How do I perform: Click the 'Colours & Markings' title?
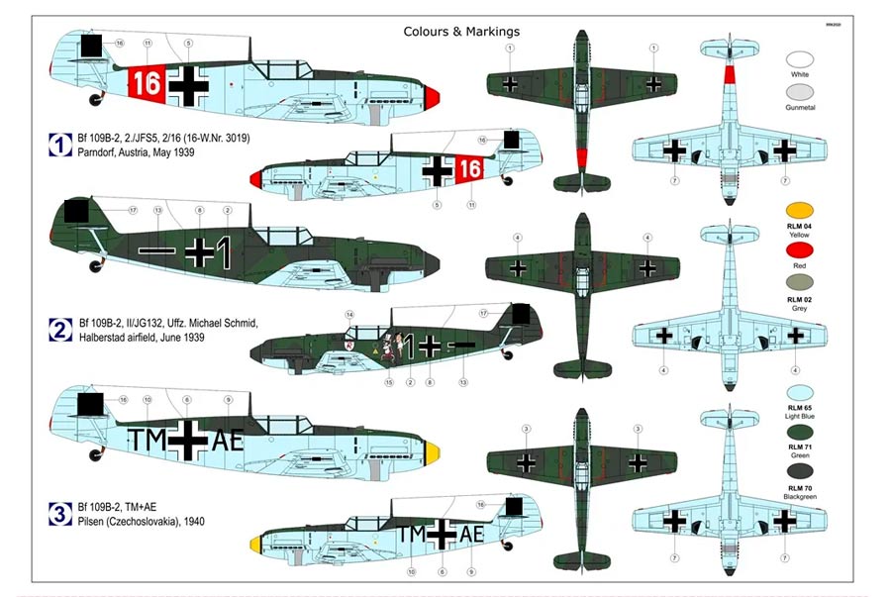(x=461, y=32)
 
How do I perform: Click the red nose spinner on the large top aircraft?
(x=433, y=96)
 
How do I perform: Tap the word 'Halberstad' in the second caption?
(x=103, y=339)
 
